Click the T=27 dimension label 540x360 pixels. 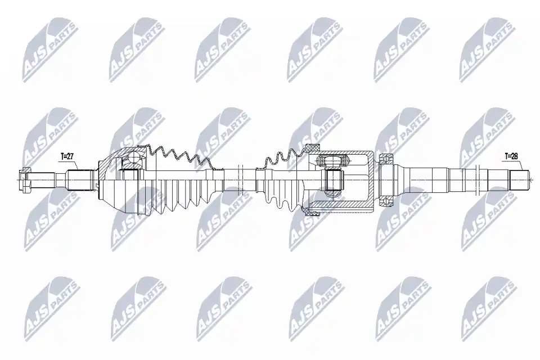(x=67, y=156)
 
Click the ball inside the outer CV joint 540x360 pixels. (x=133, y=159)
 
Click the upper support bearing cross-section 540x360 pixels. (x=388, y=159)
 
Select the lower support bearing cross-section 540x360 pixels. (x=388, y=201)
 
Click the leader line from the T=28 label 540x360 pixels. (x=520, y=165)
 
